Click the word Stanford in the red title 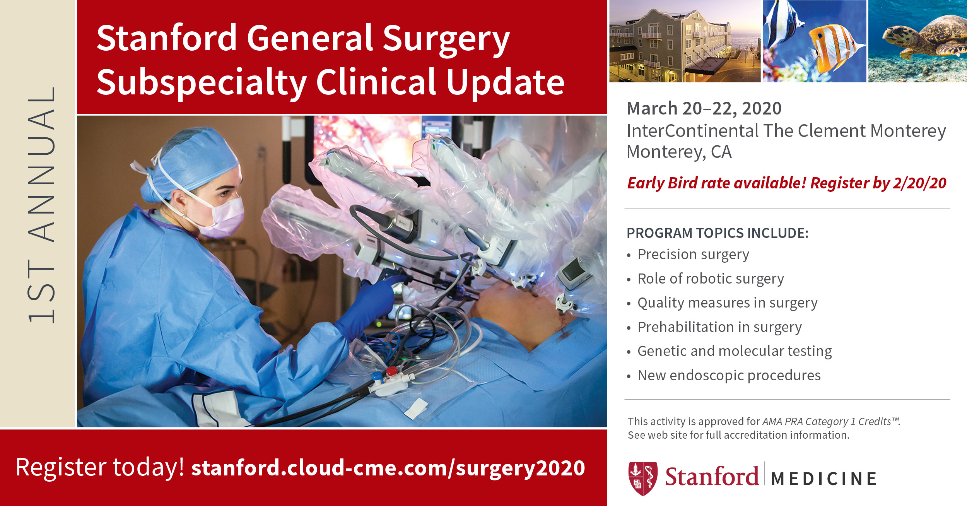click(x=167, y=38)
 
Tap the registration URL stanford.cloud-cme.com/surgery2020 click(x=388, y=468)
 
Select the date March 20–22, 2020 click(x=704, y=108)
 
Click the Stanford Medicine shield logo click(x=643, y=478)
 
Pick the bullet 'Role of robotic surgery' click(x=711, y=279)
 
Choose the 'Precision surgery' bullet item click(x=693, y=255)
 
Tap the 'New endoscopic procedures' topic click(x=729, y=375)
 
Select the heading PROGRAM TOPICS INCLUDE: click(x=718, y=233)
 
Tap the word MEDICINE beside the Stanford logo click(x=823, y=479)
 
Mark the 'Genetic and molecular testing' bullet click(x=735, y=351)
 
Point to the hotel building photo click(x=685, y=41)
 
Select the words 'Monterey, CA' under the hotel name click(x=679, y=152)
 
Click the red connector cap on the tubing click(x=392, y=371)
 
